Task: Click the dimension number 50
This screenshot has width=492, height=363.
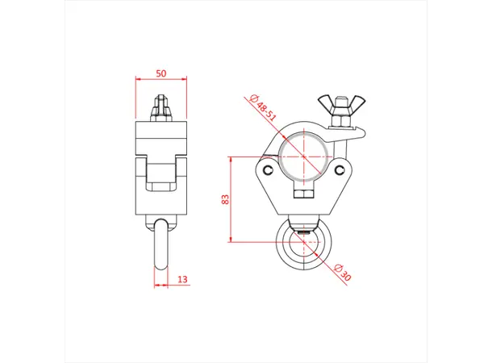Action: (161, 73)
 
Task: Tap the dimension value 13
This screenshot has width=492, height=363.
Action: (182, 279)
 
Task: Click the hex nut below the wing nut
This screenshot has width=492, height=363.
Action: (340, 121)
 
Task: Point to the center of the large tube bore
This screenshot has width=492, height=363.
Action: (302, 156)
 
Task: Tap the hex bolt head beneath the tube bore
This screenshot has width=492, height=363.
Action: (302, 196)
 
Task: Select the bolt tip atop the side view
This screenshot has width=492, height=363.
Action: (161, 106)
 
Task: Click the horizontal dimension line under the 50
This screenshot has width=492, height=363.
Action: (161, 79)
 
